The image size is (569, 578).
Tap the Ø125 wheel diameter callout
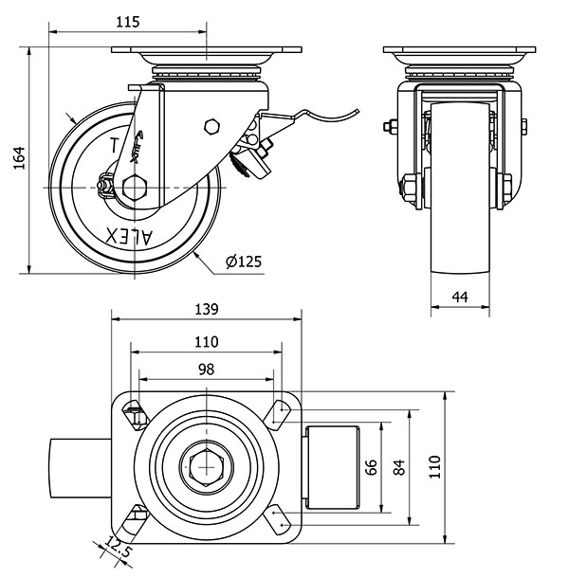[x=244, y=262]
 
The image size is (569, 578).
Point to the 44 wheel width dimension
[x=460, y=297]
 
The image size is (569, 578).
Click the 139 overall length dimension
[x=207, y=309]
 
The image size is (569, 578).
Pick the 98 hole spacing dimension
[x=207, y=369]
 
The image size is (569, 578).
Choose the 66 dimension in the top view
[x=372, y=467]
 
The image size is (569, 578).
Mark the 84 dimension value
[x=399, y=467]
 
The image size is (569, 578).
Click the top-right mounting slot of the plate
[x=279, y=411]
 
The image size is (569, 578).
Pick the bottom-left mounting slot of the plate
[x=135, y=518]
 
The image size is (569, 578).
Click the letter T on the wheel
[x=116, y=147]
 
